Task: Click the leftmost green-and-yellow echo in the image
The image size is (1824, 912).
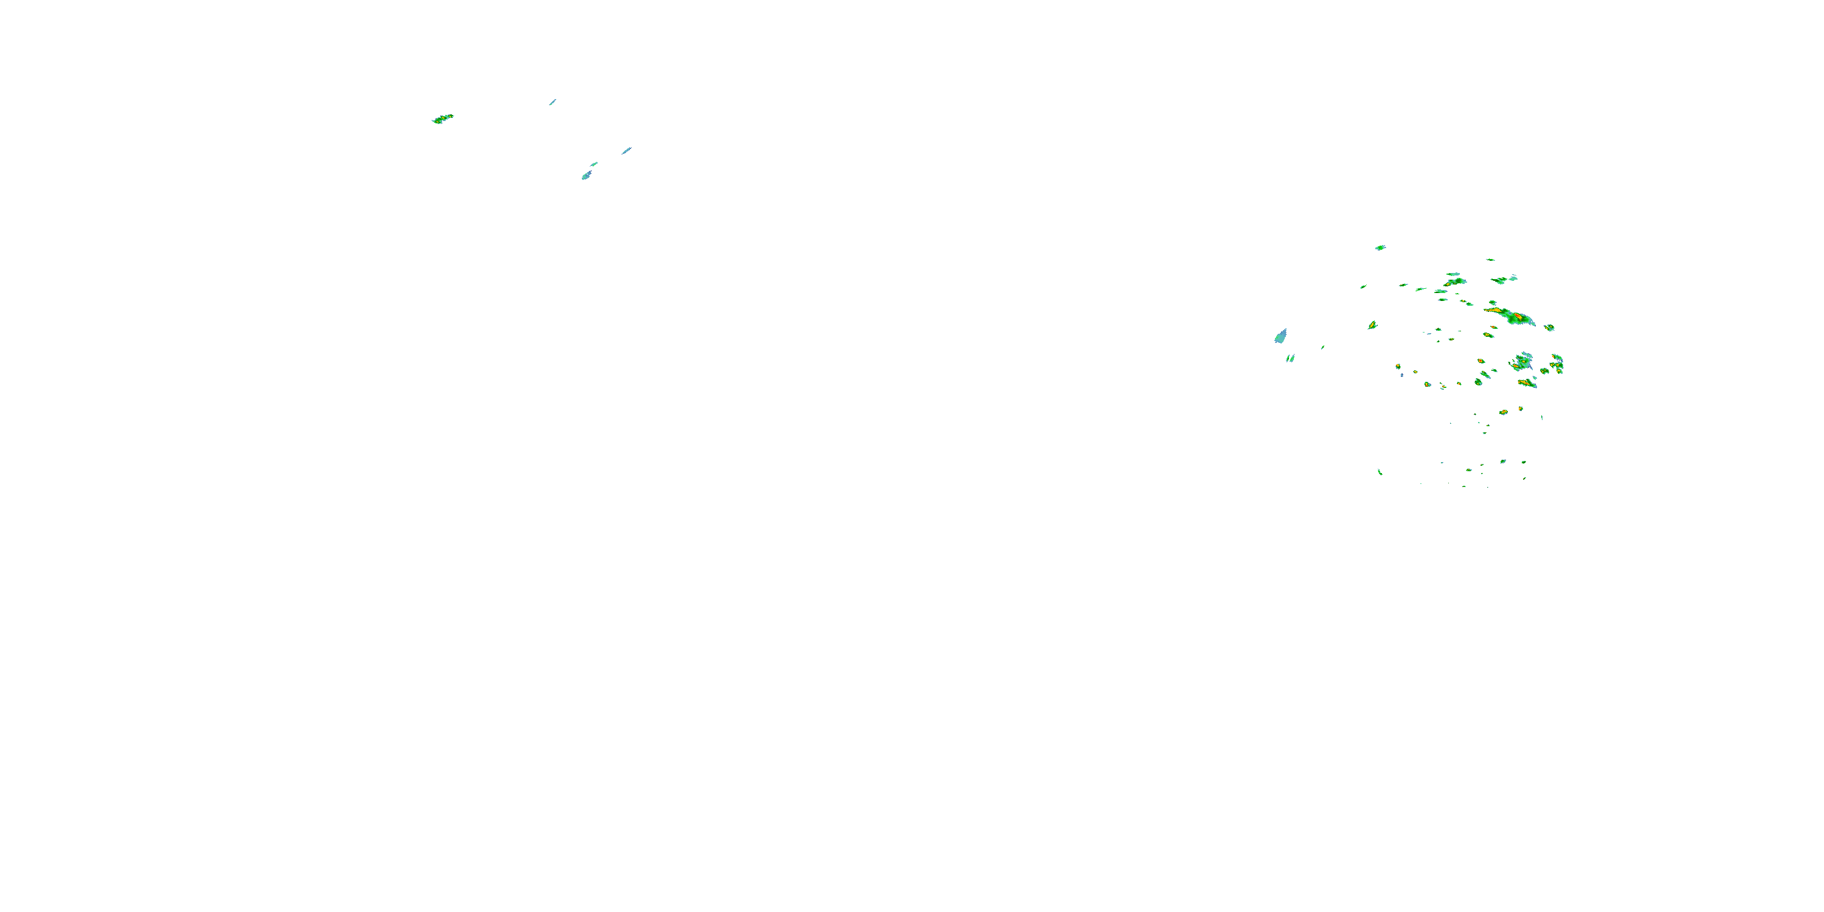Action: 443,119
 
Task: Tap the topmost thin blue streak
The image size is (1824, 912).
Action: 552,102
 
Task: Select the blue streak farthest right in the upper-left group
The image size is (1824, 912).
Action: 627,150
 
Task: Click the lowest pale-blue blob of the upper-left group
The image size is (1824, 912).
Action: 586,175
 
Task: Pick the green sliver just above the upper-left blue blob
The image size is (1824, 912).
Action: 594,164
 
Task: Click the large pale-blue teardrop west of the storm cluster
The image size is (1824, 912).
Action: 1281,336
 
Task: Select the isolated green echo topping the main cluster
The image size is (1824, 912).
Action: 1380,248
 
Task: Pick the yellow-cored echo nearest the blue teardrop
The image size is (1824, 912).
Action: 1372,325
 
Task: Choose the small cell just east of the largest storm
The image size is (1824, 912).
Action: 1549,327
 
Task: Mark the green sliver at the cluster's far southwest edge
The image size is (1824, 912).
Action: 1380,472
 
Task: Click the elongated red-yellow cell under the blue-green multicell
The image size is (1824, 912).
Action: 1526,383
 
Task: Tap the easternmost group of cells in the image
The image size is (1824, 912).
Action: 1556,365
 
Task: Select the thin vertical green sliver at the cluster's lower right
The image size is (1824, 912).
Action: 1542,418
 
